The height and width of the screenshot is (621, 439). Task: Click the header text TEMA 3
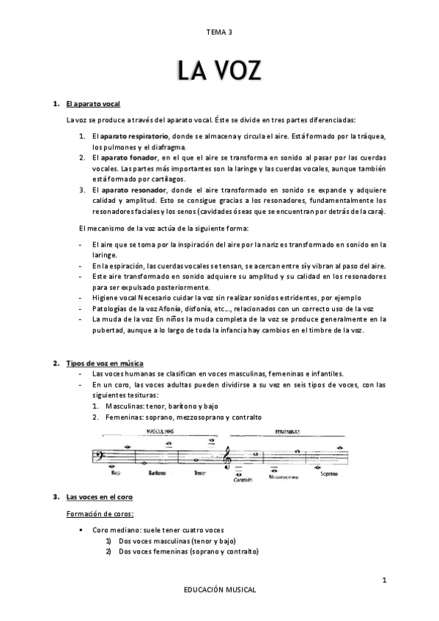pos(219,32)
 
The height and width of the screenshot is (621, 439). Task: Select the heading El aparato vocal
pos(93,104)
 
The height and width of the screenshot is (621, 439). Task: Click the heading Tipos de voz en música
pos(105,363)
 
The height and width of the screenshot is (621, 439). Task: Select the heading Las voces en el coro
pos(99,498)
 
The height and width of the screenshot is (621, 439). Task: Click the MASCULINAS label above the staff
pos(163,432)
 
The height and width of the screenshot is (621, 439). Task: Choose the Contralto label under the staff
pos(241,480)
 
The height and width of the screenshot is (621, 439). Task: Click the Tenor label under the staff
pos(201,473)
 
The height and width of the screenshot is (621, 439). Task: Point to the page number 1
pos(384,581)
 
